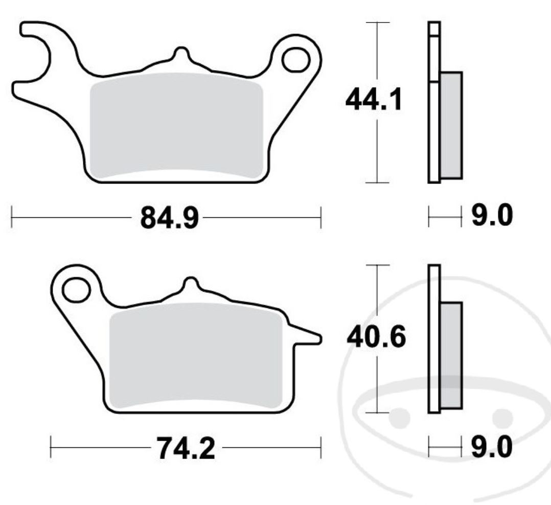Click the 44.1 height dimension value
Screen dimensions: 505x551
pos(374,100)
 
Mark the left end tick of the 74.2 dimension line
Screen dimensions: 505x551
pos(51,448)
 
